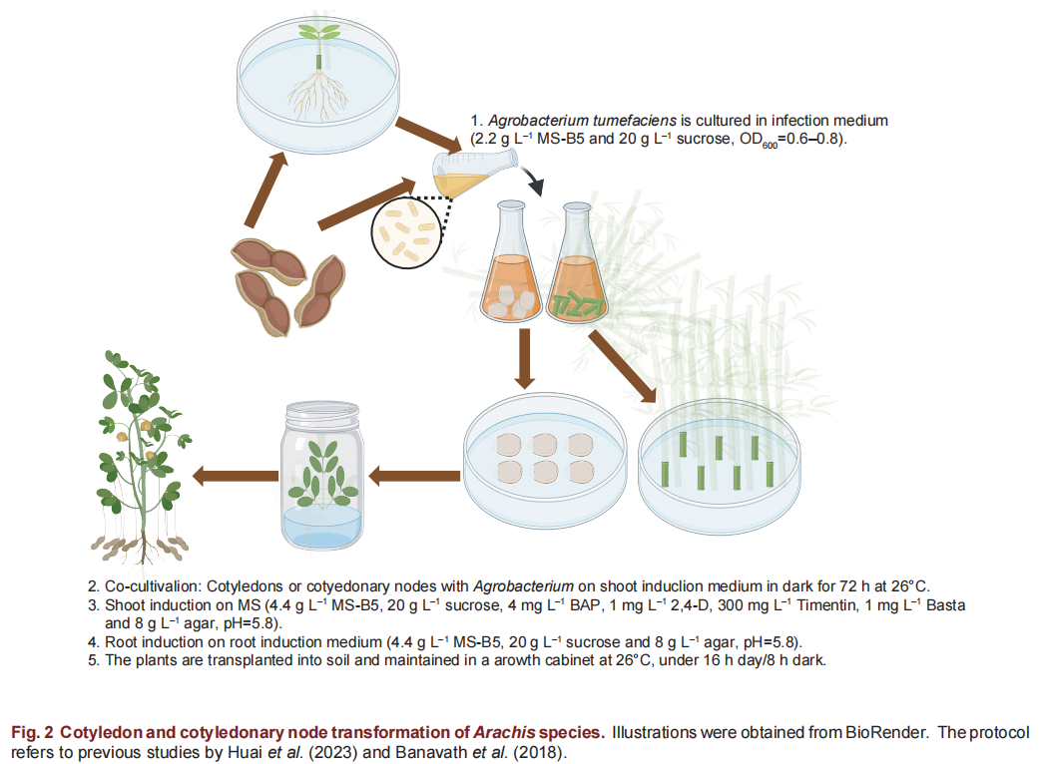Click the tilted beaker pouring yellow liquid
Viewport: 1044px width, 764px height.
tap(474, 173)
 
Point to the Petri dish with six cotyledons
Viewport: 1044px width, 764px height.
tap(545, 460)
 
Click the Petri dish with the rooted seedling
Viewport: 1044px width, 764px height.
tap(318, 85)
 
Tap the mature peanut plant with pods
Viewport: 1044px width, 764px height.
tap(141, 457)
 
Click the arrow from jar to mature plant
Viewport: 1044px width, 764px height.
tap(235, 476)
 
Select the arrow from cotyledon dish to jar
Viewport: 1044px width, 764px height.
tap(414, 476)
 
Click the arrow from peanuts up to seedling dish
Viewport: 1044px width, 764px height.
tap(265, 189)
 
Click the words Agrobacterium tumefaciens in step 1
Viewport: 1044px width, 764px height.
tap(582, 121)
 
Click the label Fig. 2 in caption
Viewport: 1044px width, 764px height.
tap(32, 733)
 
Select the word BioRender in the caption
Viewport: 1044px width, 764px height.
tap(886, 733)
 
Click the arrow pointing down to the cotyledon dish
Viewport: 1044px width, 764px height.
tap(525, 359)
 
